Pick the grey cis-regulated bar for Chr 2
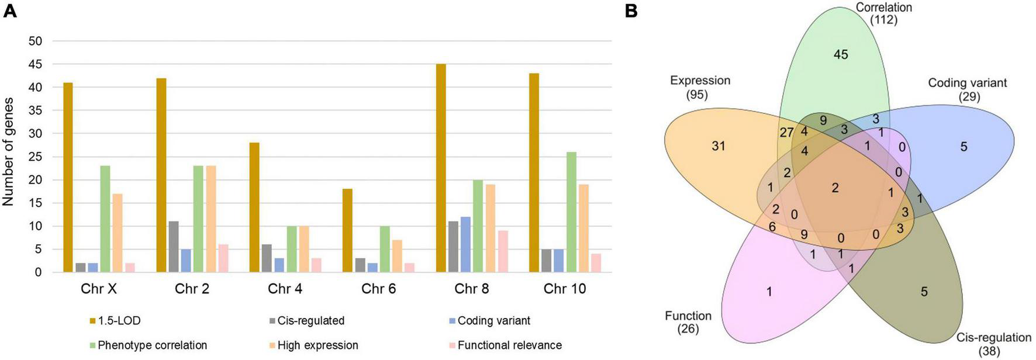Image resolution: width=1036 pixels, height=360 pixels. tap(174, 247)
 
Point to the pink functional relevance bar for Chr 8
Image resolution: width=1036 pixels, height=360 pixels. tap(503, 251)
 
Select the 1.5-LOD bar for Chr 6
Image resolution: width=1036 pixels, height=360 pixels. tap(348, 230)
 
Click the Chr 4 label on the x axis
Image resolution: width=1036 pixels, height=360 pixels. tap(285, 289)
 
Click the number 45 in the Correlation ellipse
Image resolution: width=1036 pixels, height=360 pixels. tap(841, 55)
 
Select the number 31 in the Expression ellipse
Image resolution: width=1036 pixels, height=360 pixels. tap(718, 146)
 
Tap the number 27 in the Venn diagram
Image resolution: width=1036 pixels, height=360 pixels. tap(786, 133)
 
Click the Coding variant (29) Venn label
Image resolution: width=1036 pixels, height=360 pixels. tap(968, 89)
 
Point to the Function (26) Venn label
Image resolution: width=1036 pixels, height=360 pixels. tap(688, 322)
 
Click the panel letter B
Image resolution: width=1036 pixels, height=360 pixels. tap(631, 11)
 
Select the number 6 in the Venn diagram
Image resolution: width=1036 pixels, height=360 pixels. tap(772, 227)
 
